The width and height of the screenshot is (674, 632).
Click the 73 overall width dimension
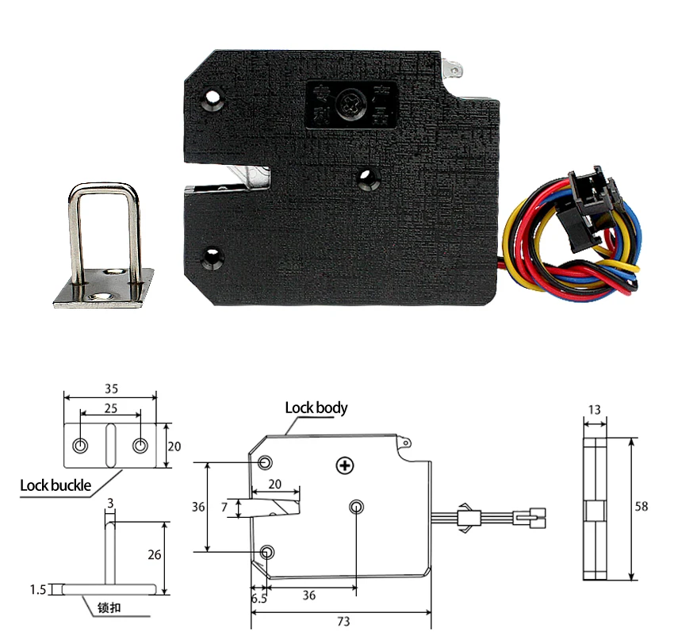[343, 621]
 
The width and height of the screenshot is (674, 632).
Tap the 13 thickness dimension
[594, 409]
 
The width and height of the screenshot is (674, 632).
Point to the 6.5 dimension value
[259, 599]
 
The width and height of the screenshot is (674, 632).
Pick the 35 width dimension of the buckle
[110, 389]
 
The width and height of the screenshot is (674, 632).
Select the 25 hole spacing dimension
[110, 408]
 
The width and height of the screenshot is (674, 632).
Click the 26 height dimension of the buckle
[154, 555]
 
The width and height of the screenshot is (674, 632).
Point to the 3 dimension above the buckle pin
[109, 503]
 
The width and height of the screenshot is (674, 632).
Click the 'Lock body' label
[316, 408]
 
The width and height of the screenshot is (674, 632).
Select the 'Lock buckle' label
[56, 485]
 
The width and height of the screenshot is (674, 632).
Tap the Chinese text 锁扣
[109, 609]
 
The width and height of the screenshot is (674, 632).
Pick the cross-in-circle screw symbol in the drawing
[343, 465]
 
